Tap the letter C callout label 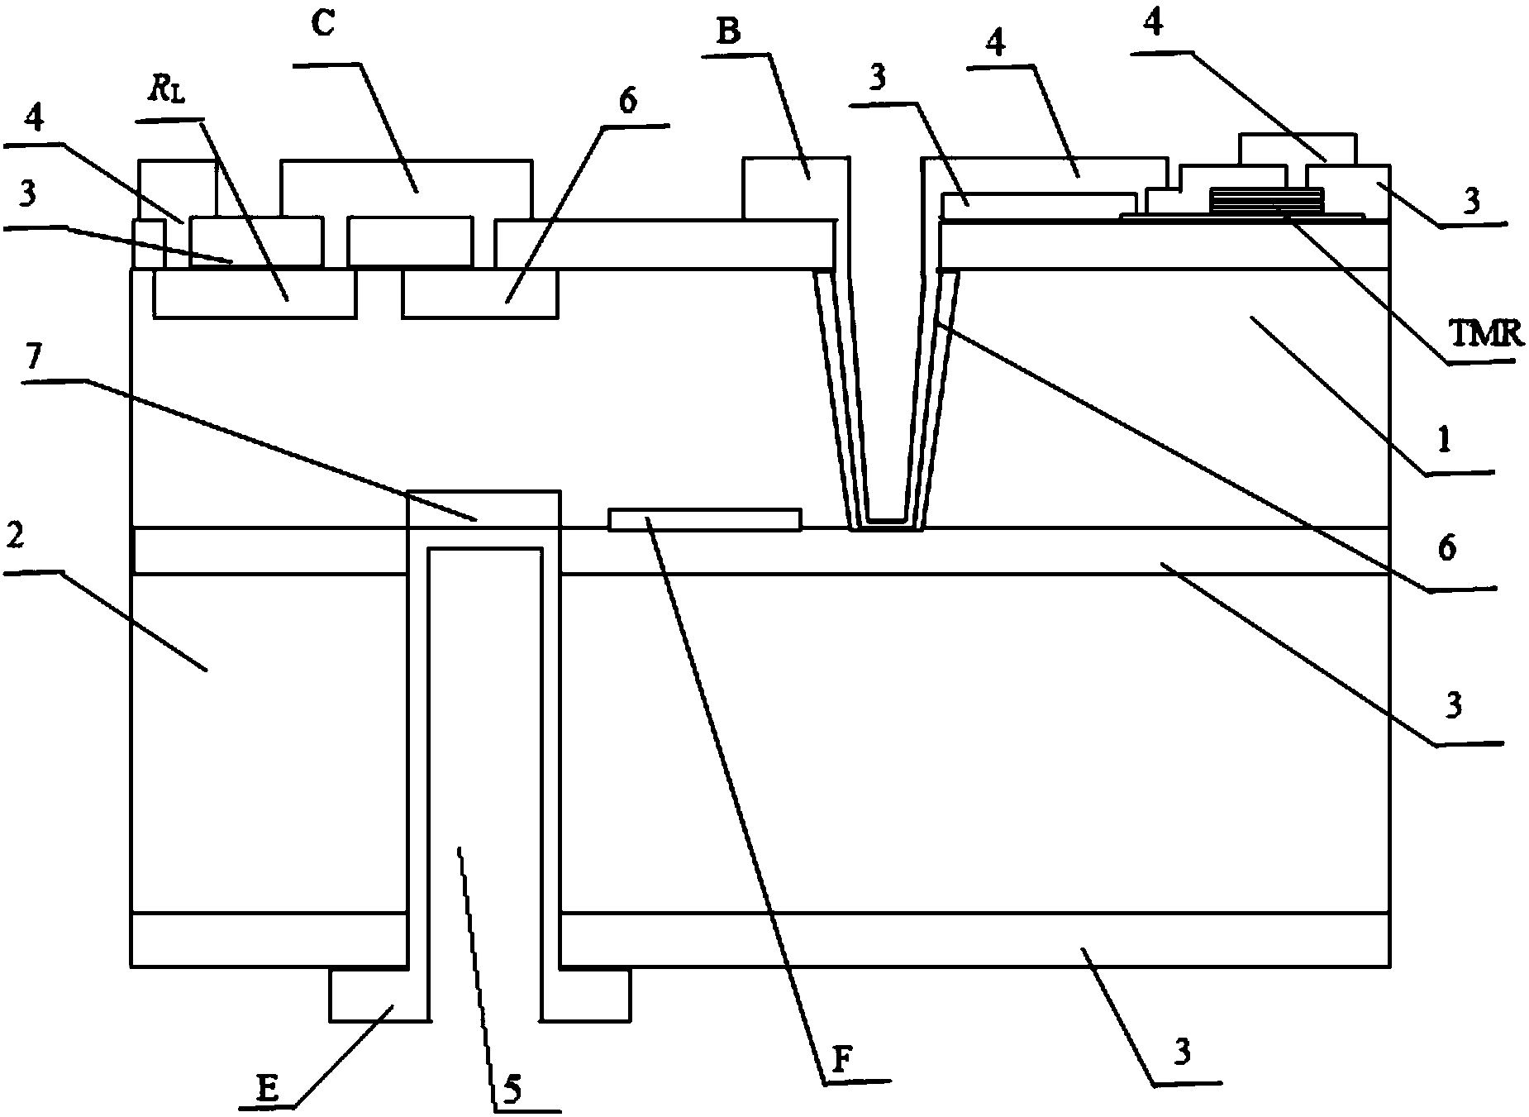click(323, 24)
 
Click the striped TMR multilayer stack click(1265, 199)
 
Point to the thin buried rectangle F click(704, 519)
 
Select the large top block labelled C click(406, 189)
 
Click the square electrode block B click(795, 189)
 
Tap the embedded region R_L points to click(255, 294)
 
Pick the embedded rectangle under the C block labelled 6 click(480, 294)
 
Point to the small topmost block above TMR click(1298, 149)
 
